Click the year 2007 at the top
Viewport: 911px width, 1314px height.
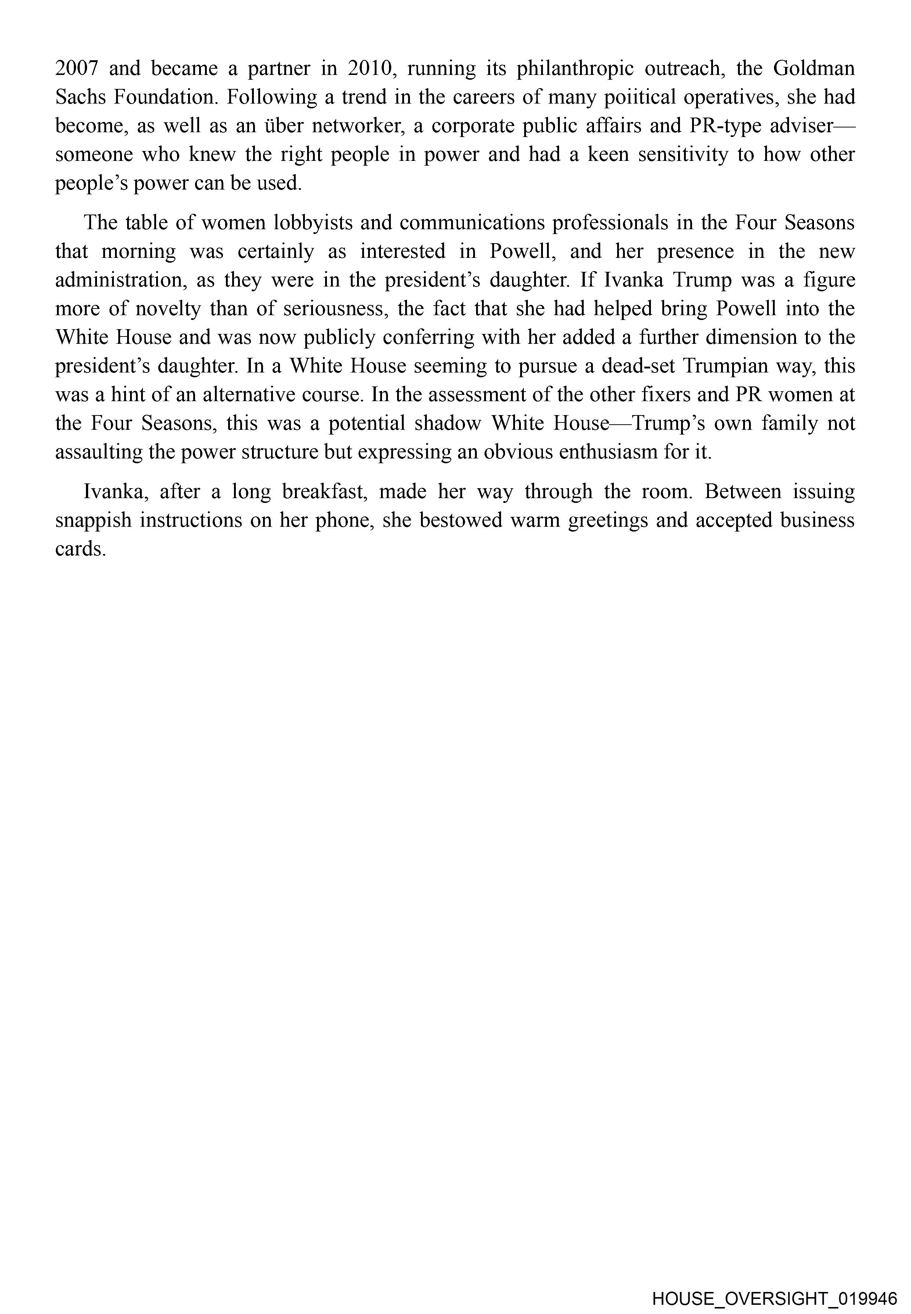click(x=77, y=68)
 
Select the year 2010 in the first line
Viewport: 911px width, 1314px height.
click(x=371, y=68)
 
